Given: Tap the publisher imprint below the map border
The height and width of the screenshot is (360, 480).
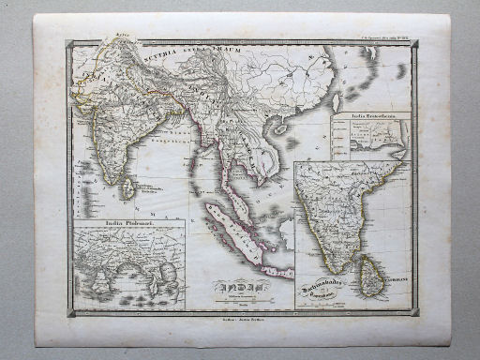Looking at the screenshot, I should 238,322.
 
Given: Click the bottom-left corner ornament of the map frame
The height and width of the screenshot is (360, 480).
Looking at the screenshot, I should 71,313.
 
